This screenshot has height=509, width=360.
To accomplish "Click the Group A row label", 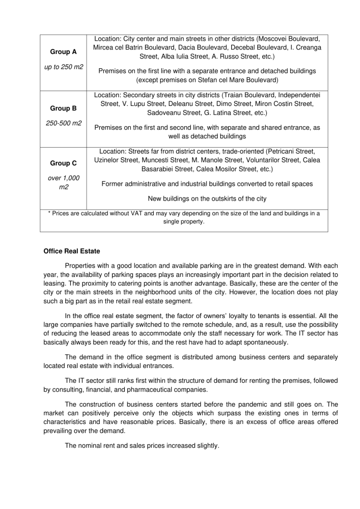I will [x=64, y=52].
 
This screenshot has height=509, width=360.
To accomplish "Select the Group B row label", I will [x=64, y=108].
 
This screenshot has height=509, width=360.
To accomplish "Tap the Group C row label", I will [x=64, y=163].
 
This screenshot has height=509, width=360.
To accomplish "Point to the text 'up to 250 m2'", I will [x=64, y=67].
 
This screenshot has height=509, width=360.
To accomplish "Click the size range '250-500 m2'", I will [x=64, y=123].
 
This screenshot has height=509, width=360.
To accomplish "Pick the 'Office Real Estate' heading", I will [x=72, y=251].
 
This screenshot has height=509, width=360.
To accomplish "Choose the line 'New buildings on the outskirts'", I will [x=207, y=199].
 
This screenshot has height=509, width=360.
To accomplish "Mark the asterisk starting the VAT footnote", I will [x=49, y=214].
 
